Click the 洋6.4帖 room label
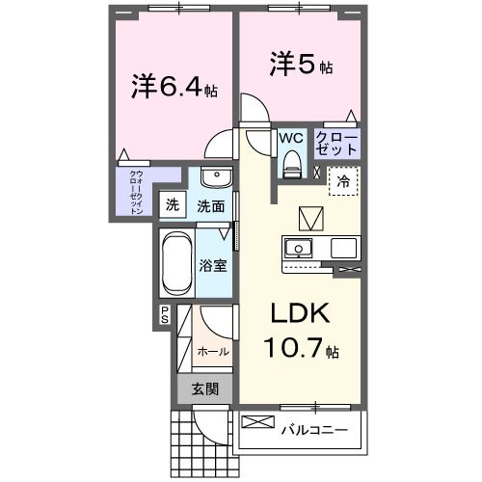174,88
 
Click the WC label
290,139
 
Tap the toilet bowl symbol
290,167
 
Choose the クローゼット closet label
337,145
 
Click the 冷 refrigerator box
343,179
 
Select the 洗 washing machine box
172,204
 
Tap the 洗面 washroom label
211,205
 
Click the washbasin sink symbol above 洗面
216,180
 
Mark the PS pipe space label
165,314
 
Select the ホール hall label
212,352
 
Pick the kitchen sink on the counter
300,248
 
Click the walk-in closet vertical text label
136,191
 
